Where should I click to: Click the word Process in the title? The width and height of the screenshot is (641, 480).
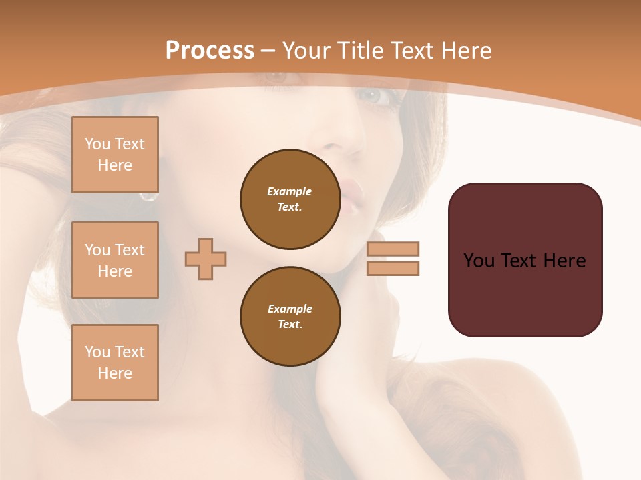pos(210,51)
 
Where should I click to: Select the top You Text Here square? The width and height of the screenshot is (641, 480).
pos(115,155)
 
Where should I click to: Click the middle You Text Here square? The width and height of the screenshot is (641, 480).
pos(115,260)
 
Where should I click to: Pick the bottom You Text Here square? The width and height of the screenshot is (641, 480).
pos(115,363)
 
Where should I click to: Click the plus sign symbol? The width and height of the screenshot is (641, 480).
pos(206,259)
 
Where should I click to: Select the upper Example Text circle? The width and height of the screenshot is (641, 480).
pos(290,199)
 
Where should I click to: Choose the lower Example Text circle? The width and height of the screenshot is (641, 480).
pos(290,316)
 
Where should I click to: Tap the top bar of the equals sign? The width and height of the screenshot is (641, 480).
pos(393,249)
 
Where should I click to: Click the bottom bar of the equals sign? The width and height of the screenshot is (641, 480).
pos(393,268)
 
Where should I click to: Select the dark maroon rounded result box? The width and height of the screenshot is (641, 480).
pos(525,260)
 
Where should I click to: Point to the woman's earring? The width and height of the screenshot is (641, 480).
pos(148,197)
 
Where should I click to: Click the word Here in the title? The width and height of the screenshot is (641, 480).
pos(467,51)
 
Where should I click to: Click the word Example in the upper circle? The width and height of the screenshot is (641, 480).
pos(289,191)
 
